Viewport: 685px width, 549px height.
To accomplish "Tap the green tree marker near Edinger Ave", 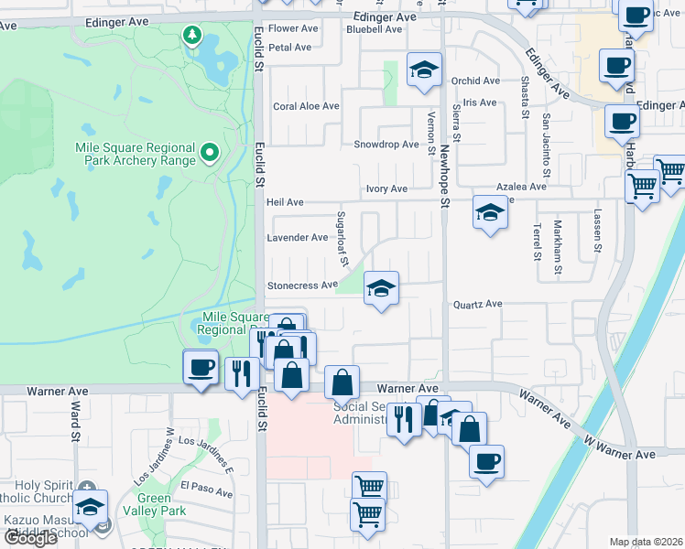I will pyautogui.click(x=192, y=36).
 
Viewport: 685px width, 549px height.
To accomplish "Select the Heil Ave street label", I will pyautogui.click(x=284, y=202).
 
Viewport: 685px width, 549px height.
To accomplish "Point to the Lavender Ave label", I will pyautogui.click(x=297, y=238).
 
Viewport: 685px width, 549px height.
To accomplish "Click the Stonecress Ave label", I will pyautogui.click(x=302, y=285).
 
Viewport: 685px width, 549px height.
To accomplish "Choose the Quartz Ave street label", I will pyautogui.click(x=478, y=304).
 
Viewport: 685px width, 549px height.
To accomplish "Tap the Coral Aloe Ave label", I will pyautogui.click(x=306, y=106).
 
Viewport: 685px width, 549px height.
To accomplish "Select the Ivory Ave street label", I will pyautogui.click(x=386, y=189).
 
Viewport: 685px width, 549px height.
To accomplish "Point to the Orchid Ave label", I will pyautogui.click(x=476, y=81).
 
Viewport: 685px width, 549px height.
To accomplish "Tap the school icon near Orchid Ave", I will pyautogui.click(x=424, y=72).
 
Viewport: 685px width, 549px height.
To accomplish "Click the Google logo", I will pyautogui.click(x=29, y=538).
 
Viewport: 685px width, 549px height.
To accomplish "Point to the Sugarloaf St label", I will pyautogui.click(x=344, y=249).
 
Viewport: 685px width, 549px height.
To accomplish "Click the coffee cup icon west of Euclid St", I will pyautogui.click(x=200, y=368).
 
